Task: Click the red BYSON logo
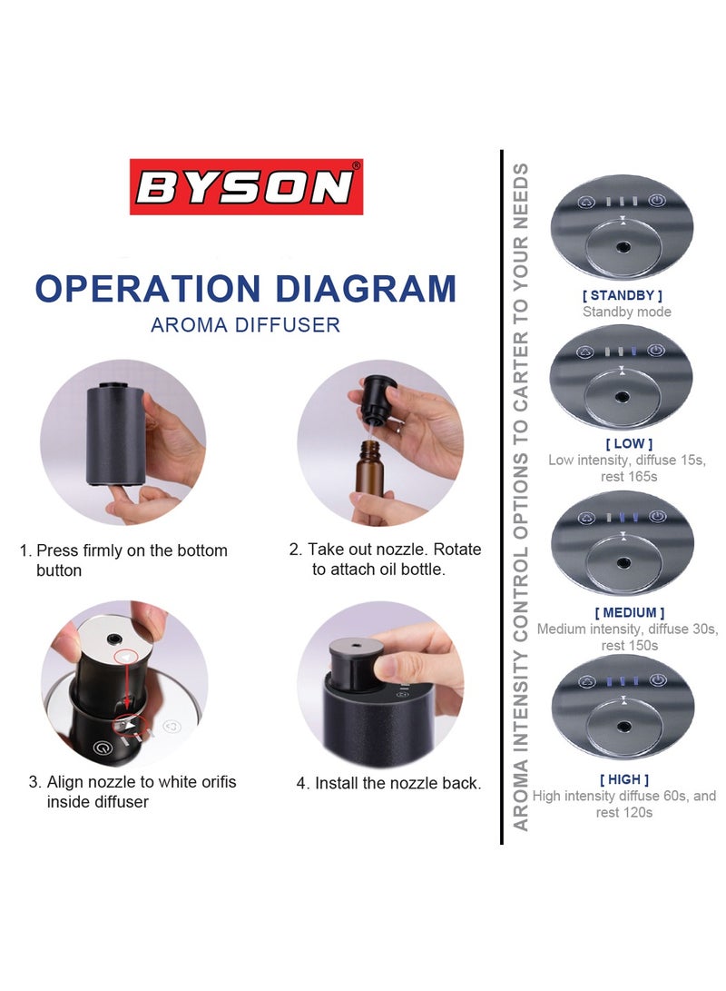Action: coord(246,187)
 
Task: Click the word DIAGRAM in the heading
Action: coord(366,288)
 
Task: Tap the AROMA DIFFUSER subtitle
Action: coord(245,324)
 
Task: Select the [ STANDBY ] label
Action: coord(622,295)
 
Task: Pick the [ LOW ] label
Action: coord(622,443)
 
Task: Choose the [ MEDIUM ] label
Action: coord(629,612)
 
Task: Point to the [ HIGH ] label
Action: coord(623,779)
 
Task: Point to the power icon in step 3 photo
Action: coord(103,749)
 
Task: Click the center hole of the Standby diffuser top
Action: coord(623,247)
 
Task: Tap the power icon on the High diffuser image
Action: coord(659,679)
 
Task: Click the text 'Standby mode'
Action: coord(626,312)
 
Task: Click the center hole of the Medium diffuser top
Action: coord(623,562)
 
